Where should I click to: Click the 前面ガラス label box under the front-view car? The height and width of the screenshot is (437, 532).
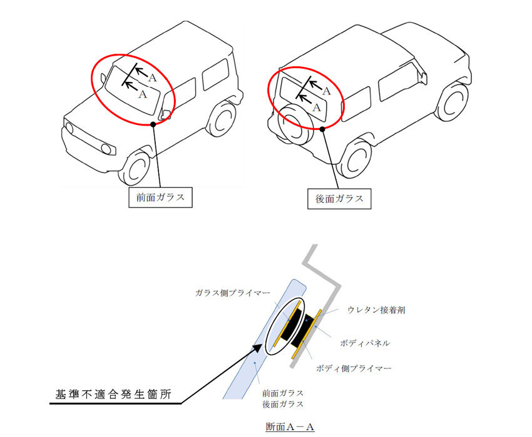[x=160, y=198]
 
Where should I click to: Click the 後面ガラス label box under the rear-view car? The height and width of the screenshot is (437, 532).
[x=339, y=199]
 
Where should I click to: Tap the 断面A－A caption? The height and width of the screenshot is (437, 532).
[x=290, y=426]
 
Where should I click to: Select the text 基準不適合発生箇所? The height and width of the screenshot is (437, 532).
[x=113, y=394]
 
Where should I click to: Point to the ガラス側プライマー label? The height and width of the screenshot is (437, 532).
[x=232, y=293]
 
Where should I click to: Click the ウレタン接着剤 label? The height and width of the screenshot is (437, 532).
[x=376, y=310]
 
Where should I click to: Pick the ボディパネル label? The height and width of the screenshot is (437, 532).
[x=365, y=343]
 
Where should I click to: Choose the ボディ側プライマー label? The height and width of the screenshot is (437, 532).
[x=354, y=368]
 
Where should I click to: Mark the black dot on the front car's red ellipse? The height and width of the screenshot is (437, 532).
[x=153, y=124]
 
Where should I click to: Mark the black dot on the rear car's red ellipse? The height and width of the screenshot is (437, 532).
[x=322, y=129]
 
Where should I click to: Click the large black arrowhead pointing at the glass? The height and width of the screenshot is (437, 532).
[x=256, y=349]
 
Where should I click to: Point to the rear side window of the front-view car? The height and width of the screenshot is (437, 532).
[x=216, y=74]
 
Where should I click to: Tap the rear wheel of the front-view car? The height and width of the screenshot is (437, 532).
[x=222, y=118]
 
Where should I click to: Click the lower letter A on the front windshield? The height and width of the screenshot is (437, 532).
[x=143, y=94]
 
